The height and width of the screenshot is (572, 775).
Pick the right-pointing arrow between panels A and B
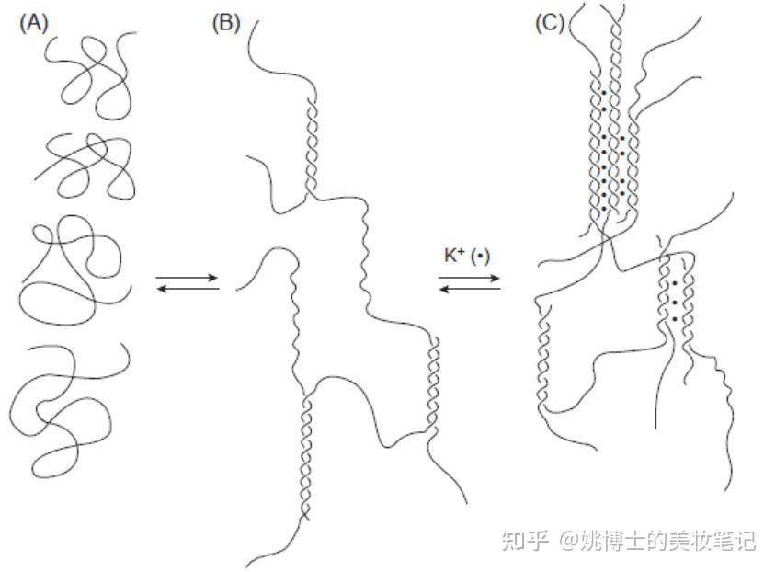click(188, 276)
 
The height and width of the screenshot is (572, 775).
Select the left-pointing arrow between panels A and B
click(188, 289)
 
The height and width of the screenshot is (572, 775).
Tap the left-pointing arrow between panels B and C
click(470, 289)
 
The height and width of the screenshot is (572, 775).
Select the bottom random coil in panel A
click(64, 405)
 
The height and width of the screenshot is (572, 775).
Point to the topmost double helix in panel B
click(311, 143)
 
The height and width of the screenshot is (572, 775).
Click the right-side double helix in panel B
click(432, 382)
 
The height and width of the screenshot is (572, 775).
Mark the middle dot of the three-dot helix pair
click(676, 301)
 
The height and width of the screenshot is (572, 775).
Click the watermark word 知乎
click(524, 540)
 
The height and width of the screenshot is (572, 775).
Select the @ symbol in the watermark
click(569, 541)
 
